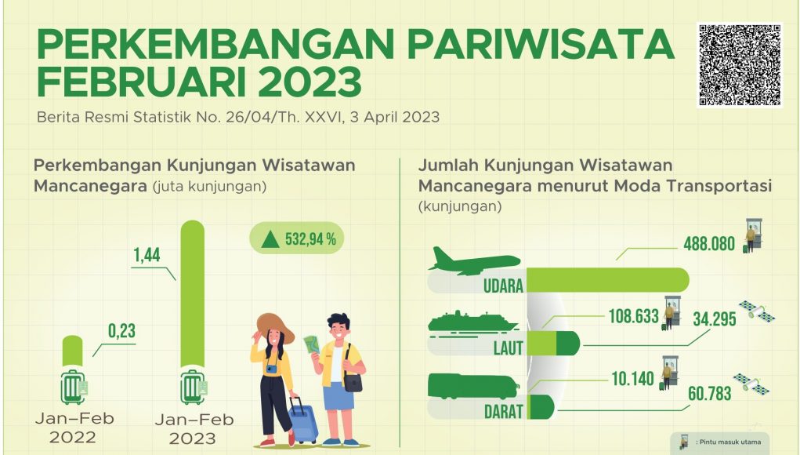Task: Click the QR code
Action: click(x=740, y=65)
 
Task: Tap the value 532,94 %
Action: click(x=310, y=238)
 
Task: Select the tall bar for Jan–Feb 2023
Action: click(x=193, y=293)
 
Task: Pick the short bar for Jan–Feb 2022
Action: click(x=72, y=351)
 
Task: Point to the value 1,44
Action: click(x=147, y=255)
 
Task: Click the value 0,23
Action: click(x=122, y=331)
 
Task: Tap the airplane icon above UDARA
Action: click(x=474, y=261)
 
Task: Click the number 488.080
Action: click(x=709, y=244)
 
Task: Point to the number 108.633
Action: click(x=634, y=316)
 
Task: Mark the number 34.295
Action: click(x=715, y=319)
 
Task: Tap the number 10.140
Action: click(x=632, y=378)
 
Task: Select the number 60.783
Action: click(x=710, y=393)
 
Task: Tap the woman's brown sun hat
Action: click(x=274, y=327)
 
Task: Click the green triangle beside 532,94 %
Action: click(x=270, y=239)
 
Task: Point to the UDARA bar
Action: click(x=608, y=280)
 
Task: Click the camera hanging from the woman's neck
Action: click(x=272, y=369)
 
